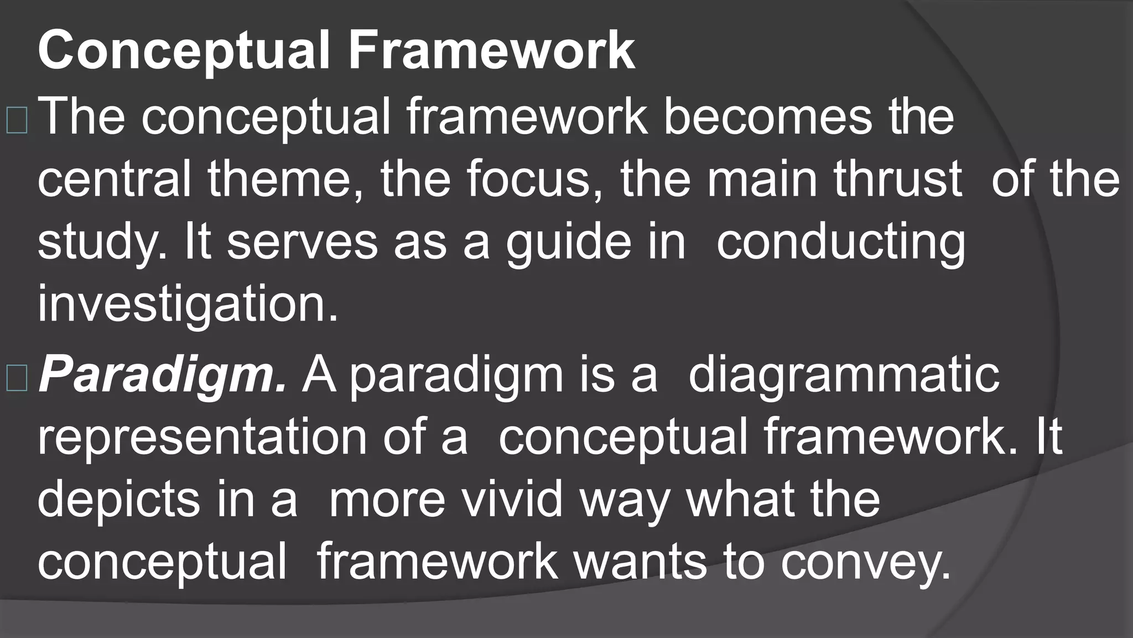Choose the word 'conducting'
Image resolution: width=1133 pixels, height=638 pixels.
coord(840,244)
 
